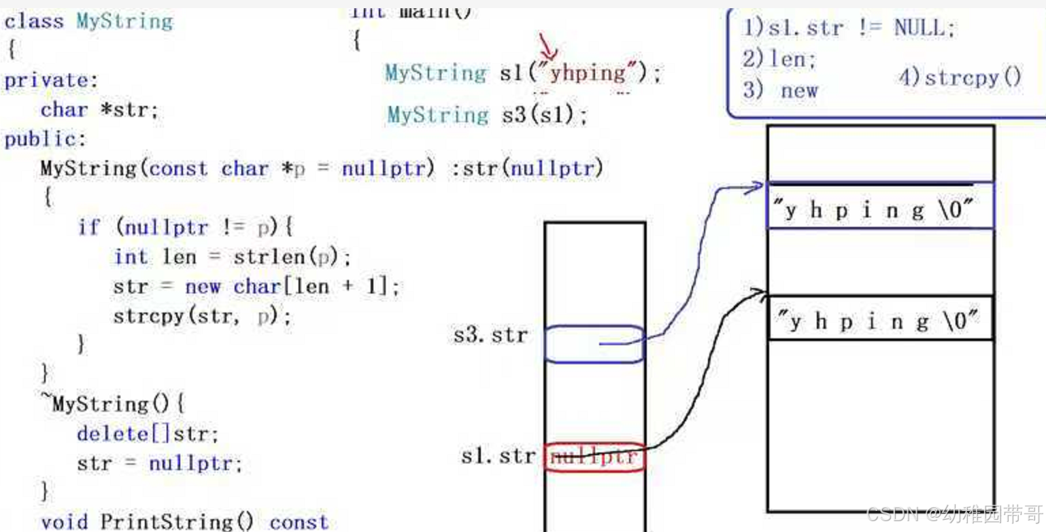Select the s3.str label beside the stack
click(490, 335)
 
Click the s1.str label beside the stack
click(498, 456)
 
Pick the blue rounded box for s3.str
click(594, 344)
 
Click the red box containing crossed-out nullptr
click(594, 457)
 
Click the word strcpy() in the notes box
click(960, 77)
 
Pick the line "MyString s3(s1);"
click(487, 115)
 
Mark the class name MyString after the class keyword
click(124, 21)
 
